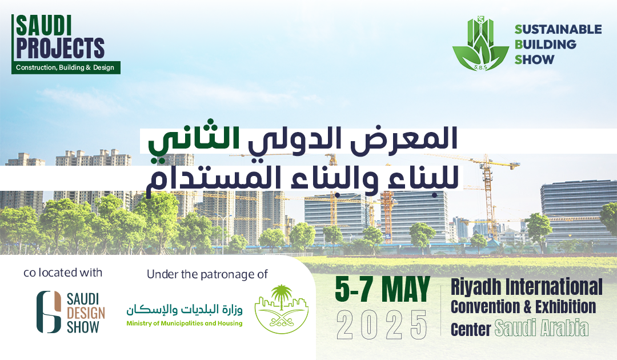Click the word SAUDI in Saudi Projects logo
[43, 26]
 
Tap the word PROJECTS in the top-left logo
[60, 48]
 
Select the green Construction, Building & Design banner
[66, 67]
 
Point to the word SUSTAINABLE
[558, 29]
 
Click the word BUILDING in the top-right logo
[546, 44]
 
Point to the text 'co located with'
[63, 273]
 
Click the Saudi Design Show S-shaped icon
[49, 311]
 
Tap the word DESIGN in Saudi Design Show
[86, 313]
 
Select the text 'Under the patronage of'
[207, 274]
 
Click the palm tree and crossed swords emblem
[282, 309]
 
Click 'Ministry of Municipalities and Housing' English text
[184, 323]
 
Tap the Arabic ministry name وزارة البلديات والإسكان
[184, 310]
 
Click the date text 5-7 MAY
[382, 290]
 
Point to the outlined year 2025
[382, 325]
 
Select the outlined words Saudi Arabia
[542, 328]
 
